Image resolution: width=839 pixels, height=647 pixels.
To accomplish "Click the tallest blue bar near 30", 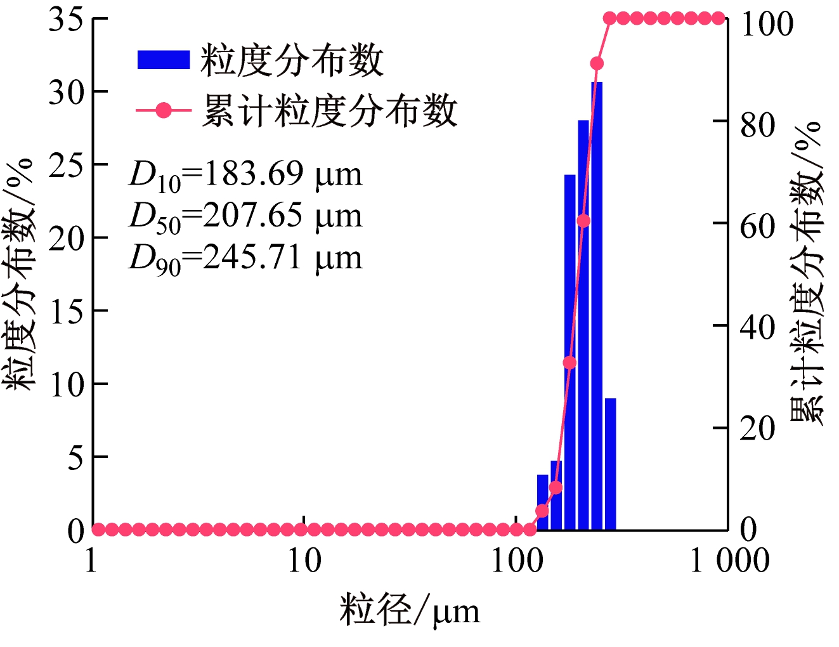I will coord(597,304).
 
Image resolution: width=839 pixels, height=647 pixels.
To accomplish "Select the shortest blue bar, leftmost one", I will coord(542,501).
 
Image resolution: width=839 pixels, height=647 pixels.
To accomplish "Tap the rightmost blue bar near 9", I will coord(611,463).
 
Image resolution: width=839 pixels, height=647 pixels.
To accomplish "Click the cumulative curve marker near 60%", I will coord(583,221).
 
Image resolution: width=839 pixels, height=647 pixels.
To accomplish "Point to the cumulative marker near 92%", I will coord(597,63).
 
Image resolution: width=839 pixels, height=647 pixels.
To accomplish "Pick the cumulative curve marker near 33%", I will coord(569,363).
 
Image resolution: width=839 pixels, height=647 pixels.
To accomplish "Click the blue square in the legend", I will coord(164,60).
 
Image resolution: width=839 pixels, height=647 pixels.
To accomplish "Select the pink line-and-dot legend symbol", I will coord(164,110).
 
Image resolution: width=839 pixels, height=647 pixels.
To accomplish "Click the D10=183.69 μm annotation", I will coord(245,174).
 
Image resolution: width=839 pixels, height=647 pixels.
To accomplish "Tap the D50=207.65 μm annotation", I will coord(245,216).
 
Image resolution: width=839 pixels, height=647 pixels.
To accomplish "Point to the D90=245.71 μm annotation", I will coord(245,258).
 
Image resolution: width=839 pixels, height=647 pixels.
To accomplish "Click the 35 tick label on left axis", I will coord(66,19).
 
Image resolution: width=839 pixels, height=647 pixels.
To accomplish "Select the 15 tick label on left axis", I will coord(66,311).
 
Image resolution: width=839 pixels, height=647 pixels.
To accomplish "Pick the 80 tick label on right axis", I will coord(758,125).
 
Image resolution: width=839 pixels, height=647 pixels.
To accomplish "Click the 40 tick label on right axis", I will coord(758,327).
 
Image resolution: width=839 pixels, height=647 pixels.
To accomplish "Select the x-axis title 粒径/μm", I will coord(410,610).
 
